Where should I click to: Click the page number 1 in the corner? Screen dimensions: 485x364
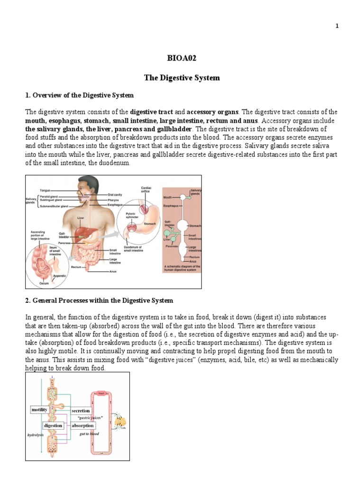(337, 26)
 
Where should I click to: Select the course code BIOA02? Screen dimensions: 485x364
(182, 58)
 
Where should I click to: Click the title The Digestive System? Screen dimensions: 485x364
(182, 78)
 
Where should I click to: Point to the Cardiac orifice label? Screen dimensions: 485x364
(146, 189)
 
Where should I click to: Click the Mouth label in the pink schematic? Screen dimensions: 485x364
(168, 197)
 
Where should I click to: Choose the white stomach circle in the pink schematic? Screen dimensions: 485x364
(182, 225)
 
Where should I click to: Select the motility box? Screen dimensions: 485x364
(39, 410)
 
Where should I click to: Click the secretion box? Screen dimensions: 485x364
(81, 411)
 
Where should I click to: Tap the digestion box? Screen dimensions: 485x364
(53, 425)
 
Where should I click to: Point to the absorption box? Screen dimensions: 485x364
(82, 425)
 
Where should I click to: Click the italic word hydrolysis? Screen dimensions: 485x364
(36, 434)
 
